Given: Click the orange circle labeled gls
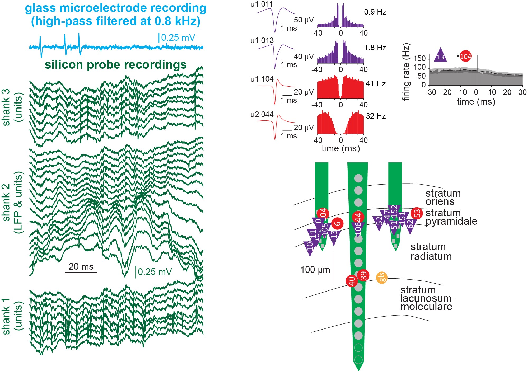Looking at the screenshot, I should [382, 278].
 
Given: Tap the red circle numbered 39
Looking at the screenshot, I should [363, 275].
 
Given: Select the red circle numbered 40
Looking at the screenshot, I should [352, 281].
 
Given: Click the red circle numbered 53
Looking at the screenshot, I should [417, 213].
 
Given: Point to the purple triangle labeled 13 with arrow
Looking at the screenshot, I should [440, 55].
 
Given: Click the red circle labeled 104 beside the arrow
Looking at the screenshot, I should [465, 56].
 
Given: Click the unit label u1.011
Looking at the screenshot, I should [262, 4].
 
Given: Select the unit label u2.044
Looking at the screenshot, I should [262, 115].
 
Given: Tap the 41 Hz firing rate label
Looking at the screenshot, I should [376, 83].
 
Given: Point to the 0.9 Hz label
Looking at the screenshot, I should [375, 12].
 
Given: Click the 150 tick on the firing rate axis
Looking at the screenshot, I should [419, 58].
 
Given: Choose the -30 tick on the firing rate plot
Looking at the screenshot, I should [431, 92].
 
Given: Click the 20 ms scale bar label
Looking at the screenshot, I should [81, 266].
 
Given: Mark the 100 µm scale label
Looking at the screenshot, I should [315, 270].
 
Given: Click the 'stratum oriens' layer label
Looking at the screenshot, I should [443, 197].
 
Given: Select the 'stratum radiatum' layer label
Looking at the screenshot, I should [431, 251].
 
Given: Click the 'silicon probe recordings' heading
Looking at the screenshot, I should [115, 65].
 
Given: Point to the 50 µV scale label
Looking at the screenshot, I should [304, 20].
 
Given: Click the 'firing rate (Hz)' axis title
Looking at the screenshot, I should [406, 72].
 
